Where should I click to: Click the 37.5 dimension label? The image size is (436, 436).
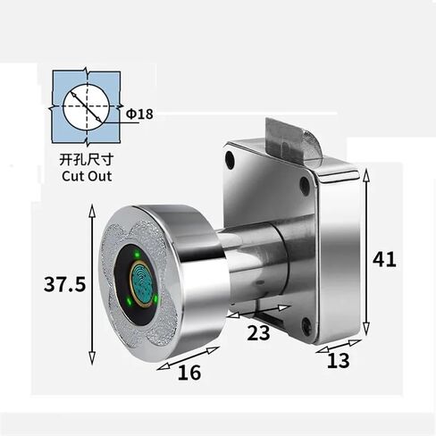coord(64,284)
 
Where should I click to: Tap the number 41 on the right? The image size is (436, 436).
coord(384,259)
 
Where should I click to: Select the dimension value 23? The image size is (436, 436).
coord(258,332)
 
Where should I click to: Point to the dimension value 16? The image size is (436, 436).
coord(189,373)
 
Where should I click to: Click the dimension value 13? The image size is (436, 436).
coord(339,361)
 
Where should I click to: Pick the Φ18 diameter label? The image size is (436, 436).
coord(139,113)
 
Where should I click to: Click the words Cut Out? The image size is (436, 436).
coord(87,176)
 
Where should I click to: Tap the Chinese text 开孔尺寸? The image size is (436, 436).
coord(87,160)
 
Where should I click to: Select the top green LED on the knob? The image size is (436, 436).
coord(137,255)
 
